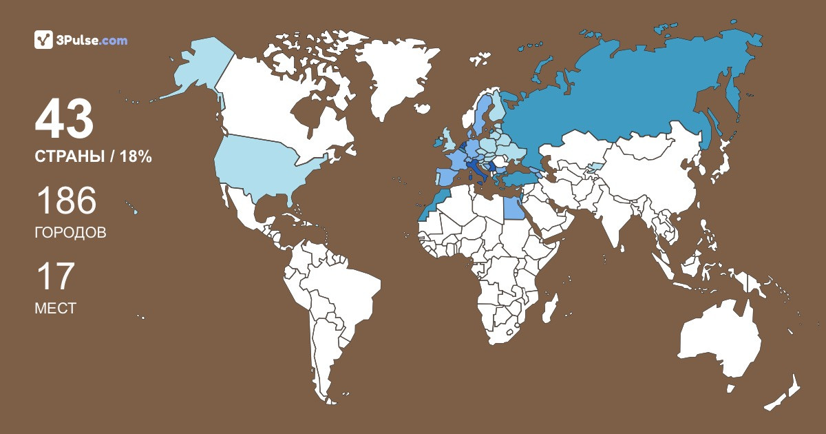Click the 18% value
135,157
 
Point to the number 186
65,201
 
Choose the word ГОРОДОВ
70,233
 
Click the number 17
54,277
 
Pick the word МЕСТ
55,309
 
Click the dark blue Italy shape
476,168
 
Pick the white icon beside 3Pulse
43,40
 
